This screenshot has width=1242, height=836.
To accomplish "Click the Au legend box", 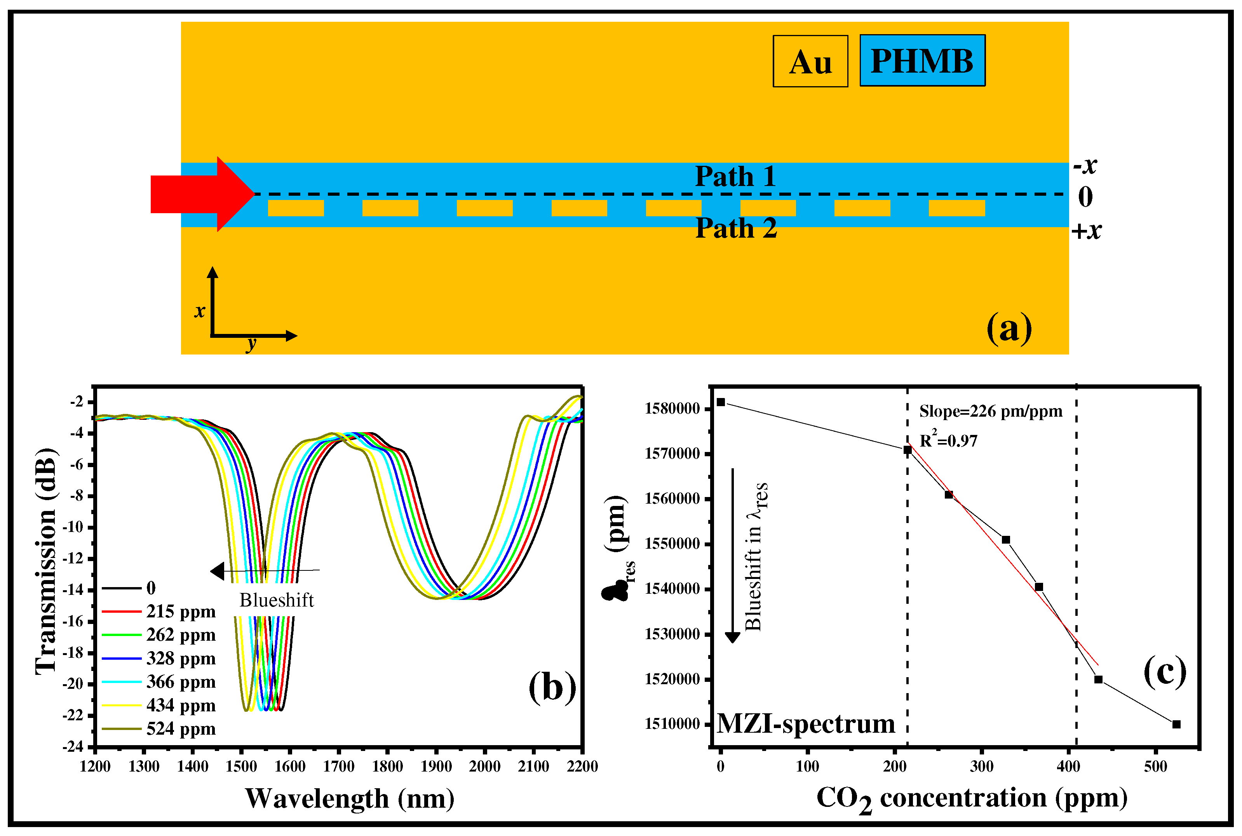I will pos(810,61).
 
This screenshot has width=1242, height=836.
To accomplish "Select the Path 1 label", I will pos(735,176).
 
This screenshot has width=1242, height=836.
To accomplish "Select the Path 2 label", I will pos(736,228).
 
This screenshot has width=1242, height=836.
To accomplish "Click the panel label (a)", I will pos(1009,328).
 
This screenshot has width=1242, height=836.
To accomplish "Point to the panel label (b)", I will pos(552,687).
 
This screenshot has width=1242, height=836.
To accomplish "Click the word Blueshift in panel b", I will pos(276,600).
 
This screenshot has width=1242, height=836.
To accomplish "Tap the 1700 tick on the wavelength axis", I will pos(339,766).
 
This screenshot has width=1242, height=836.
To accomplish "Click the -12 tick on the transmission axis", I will pos(73,559).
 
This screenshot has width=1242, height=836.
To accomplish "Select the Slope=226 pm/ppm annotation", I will pos(990,411).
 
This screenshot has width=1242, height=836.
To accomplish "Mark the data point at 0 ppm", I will pos(721,402).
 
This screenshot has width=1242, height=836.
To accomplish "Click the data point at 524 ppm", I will pos(1176,724).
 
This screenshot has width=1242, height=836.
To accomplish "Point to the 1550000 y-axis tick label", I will pos(672,544).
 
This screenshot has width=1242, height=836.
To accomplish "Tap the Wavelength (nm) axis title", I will pos(350,799).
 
